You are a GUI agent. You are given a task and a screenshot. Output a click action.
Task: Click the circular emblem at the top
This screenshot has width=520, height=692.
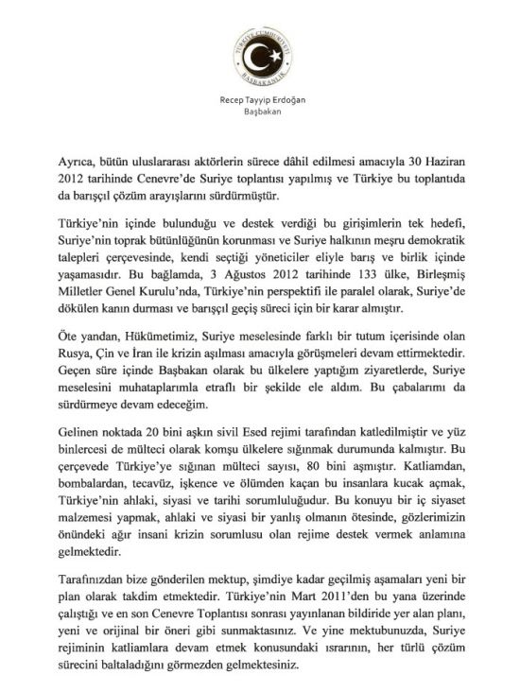(259, 52)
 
